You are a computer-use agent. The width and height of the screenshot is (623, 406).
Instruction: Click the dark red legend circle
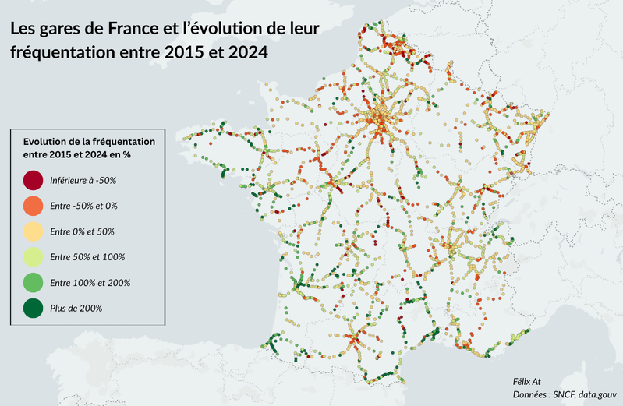click(33, 181)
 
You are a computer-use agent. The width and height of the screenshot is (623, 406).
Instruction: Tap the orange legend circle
click(33, 206)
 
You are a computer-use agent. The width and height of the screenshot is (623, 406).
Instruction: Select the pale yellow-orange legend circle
click(33, 231)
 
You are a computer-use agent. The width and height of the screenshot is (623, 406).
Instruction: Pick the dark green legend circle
click(33, 308)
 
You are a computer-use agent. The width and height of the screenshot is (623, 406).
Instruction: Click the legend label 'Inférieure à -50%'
click(83, 181)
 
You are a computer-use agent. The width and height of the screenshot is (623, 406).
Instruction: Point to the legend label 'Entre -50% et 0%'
click(83, 206)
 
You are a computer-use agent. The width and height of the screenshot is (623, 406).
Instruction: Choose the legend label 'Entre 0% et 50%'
click(82, 231)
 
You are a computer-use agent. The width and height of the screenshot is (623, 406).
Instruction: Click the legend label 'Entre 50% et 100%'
click(87, 257)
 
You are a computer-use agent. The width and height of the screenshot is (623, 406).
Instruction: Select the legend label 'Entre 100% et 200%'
click(90, 282)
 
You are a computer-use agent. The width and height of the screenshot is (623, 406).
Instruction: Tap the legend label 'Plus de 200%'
click(76, 308)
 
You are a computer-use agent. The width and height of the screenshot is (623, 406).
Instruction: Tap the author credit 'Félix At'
click(526, 381)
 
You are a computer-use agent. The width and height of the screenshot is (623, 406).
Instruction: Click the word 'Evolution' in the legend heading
click(47, 142)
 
